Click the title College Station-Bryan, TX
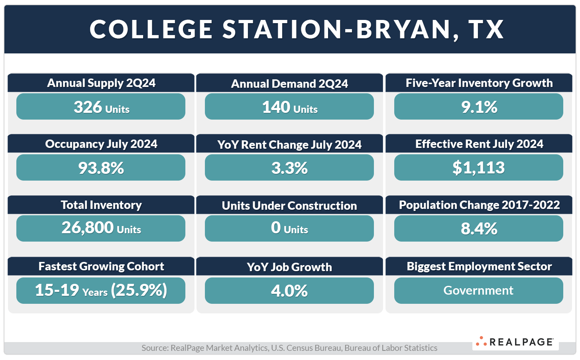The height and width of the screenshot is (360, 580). pos(297,29)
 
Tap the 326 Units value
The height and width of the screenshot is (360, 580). pos(101,107)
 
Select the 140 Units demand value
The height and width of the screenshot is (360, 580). pos(289,107)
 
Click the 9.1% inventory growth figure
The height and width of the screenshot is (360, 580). pos(479,107)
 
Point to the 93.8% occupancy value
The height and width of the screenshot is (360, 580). pos(101,168)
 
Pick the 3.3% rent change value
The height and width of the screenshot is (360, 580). pos(289,168)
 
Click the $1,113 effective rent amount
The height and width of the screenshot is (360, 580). pos(478,168)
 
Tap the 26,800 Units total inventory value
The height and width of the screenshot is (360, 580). pos(101,228)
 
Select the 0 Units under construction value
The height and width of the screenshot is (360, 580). pos(289,228)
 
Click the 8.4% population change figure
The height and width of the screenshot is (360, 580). pos(479,228)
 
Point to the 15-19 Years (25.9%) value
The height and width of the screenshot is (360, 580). pos(101,291)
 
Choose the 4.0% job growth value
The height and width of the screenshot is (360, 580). pos(289,291)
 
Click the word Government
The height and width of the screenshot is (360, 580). pos(478,291)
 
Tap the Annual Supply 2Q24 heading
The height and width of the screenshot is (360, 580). pos(101,83)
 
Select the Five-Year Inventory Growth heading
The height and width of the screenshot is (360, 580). pos(479,83)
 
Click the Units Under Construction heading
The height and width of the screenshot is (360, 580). pos(289,206)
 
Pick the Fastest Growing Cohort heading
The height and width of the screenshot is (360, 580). pos(101,266)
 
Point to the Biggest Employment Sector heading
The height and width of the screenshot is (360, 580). pos(479,266)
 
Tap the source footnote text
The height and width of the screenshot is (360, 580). pos(289,348)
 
